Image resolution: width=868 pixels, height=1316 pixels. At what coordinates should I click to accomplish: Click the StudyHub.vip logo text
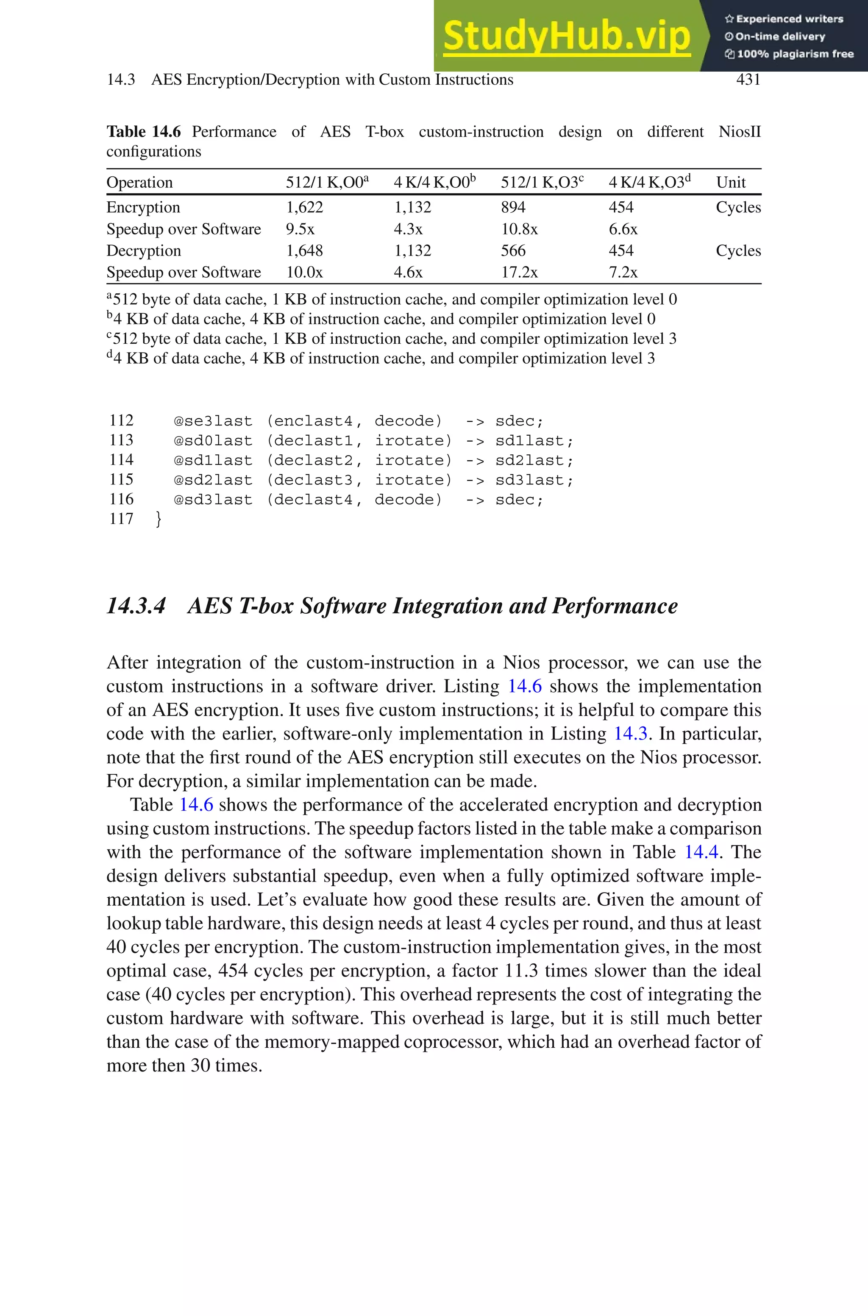(566, 36)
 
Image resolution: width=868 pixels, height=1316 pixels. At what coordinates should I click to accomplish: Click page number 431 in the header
(748, 80)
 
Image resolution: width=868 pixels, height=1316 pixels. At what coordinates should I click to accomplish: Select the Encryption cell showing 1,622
(304, 208)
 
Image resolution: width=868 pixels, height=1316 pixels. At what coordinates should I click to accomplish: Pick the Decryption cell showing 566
(513, 250)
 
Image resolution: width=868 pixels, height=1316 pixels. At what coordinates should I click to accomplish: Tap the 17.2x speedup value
(519, 272)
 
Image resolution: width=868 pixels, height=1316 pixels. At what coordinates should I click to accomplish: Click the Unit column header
(731, 183)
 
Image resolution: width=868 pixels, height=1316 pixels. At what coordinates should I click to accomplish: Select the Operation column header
(139, 183)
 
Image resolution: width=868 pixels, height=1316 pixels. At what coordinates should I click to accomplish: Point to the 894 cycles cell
(513, 208)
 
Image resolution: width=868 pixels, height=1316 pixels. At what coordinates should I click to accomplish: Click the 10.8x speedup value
(519, 229)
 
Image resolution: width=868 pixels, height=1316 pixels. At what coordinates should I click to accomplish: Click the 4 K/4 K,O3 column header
(649, 183)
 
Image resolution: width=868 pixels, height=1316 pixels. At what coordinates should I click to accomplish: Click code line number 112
(121, 420)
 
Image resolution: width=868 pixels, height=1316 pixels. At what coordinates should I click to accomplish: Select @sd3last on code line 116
(213, 500)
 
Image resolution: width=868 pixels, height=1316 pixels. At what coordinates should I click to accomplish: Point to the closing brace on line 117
(159, 519)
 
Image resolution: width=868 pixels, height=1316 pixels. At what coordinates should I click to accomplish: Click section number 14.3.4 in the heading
(136, 606)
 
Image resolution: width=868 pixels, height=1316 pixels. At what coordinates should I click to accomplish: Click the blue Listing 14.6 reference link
(525, 686)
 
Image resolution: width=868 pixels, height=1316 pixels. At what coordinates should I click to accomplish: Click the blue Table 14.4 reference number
(701, 852)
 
